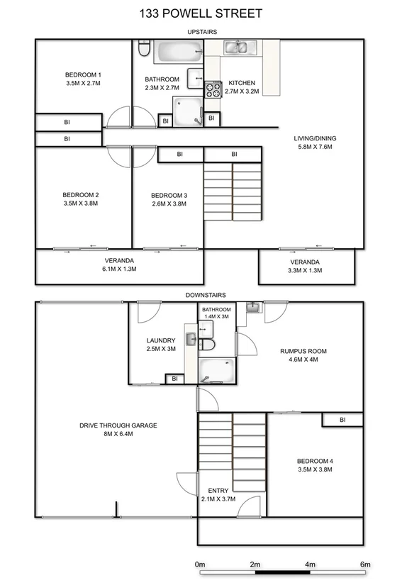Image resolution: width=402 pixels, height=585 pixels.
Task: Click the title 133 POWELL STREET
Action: pyautogui.click(x=201, y=13)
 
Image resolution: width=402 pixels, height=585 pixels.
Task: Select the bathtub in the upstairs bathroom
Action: pyautogui.click(x=179, y=52)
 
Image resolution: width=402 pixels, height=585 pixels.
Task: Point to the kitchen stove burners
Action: pyautogui.click(x=213, y=90)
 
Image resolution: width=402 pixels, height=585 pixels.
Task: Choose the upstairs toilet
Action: pyautogui.click(x=143, y=50)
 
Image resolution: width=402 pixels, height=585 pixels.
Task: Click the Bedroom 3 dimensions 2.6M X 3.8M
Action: pyautogui.click(x=169, y=204)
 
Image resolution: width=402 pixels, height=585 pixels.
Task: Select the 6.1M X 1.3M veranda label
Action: pyautogui.click(x=120, y=269)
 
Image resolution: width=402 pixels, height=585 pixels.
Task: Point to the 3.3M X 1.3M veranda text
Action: pyautogui.click(x=306, y=270)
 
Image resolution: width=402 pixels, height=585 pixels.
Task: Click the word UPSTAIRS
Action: pyautogui.click(x=202, y=32)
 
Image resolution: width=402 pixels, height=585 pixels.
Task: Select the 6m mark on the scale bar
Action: pyautogui.click(x=365, y=564)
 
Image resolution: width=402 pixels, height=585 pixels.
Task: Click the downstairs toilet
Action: pyautogui.click(x=206, y=345)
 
